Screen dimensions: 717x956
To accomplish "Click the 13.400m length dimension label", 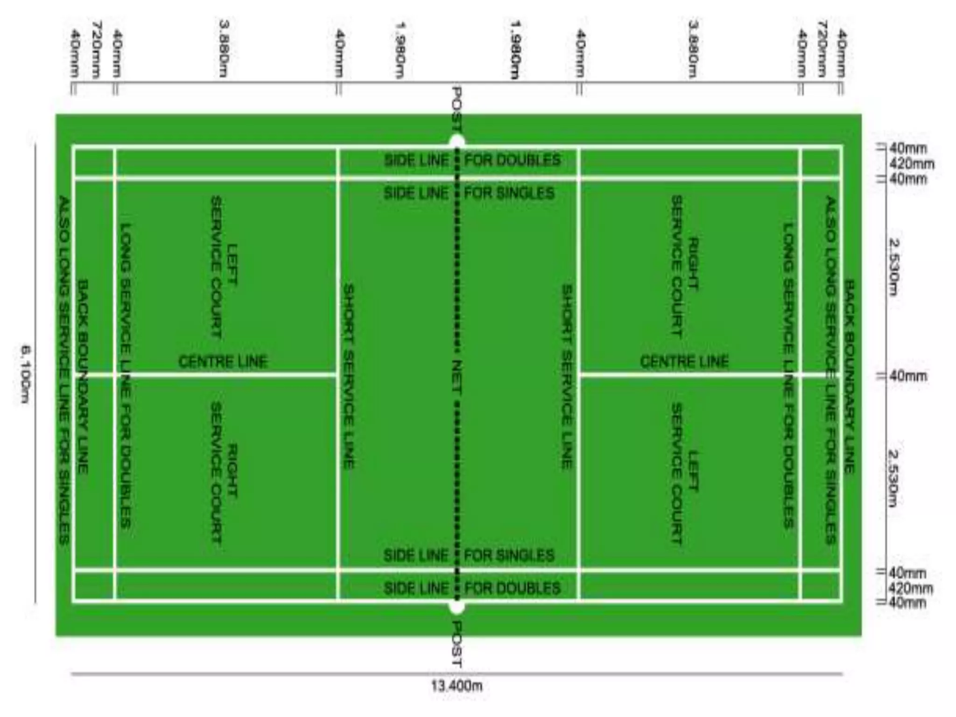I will pyautogui.click(x=457, y=686).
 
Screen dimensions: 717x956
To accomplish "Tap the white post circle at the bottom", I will pyautogui.click(x=457, y=607).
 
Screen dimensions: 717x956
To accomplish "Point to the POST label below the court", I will pyautogui.click(x=457, y=644).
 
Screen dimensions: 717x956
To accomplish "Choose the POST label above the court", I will pyautogui.click(x=457, y=110).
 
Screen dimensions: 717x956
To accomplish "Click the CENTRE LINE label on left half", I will pyautogui.click(x=223, y=361).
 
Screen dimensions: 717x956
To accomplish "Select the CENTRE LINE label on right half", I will pyautogui.click(x=684, y=361).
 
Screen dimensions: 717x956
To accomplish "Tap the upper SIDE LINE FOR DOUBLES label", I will pyautogui.click(x=471, y=160).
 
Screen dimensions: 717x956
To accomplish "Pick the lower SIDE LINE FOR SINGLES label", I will pyautogui.click(x=469, y=555).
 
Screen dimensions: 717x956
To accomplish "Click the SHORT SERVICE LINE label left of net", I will pyautogui.click(x=349, y=376).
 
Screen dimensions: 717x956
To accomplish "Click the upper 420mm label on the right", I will pyautogui.click(x=912, y=164).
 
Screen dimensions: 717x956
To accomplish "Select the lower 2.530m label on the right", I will pyautogui.click(x=893, y=478).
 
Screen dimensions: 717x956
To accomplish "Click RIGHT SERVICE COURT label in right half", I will pyautogui.click(x=685, y=266).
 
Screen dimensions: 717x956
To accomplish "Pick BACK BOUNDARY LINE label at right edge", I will pyautogui.click(x=849, y=376).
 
